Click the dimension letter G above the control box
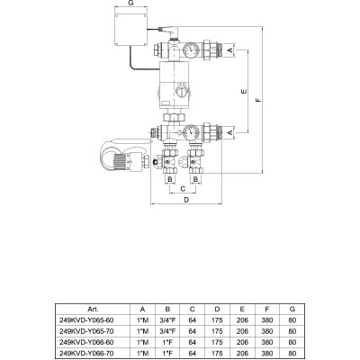[130, 3]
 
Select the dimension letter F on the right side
[258, 100]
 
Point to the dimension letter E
[244, 91]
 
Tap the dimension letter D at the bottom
[186, 200]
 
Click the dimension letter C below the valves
[183, 189]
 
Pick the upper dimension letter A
[229, 49]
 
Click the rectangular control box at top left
[130, 30]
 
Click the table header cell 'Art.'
[93, 309]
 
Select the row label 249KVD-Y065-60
[87, 320]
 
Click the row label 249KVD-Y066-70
[87, 354]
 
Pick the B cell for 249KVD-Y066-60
[167, 342]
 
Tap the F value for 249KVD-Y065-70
[267, 331]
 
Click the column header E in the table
[242, 309]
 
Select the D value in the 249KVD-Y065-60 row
[217, 320]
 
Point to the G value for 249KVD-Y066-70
[292, 354]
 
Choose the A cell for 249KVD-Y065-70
[142, 331]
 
